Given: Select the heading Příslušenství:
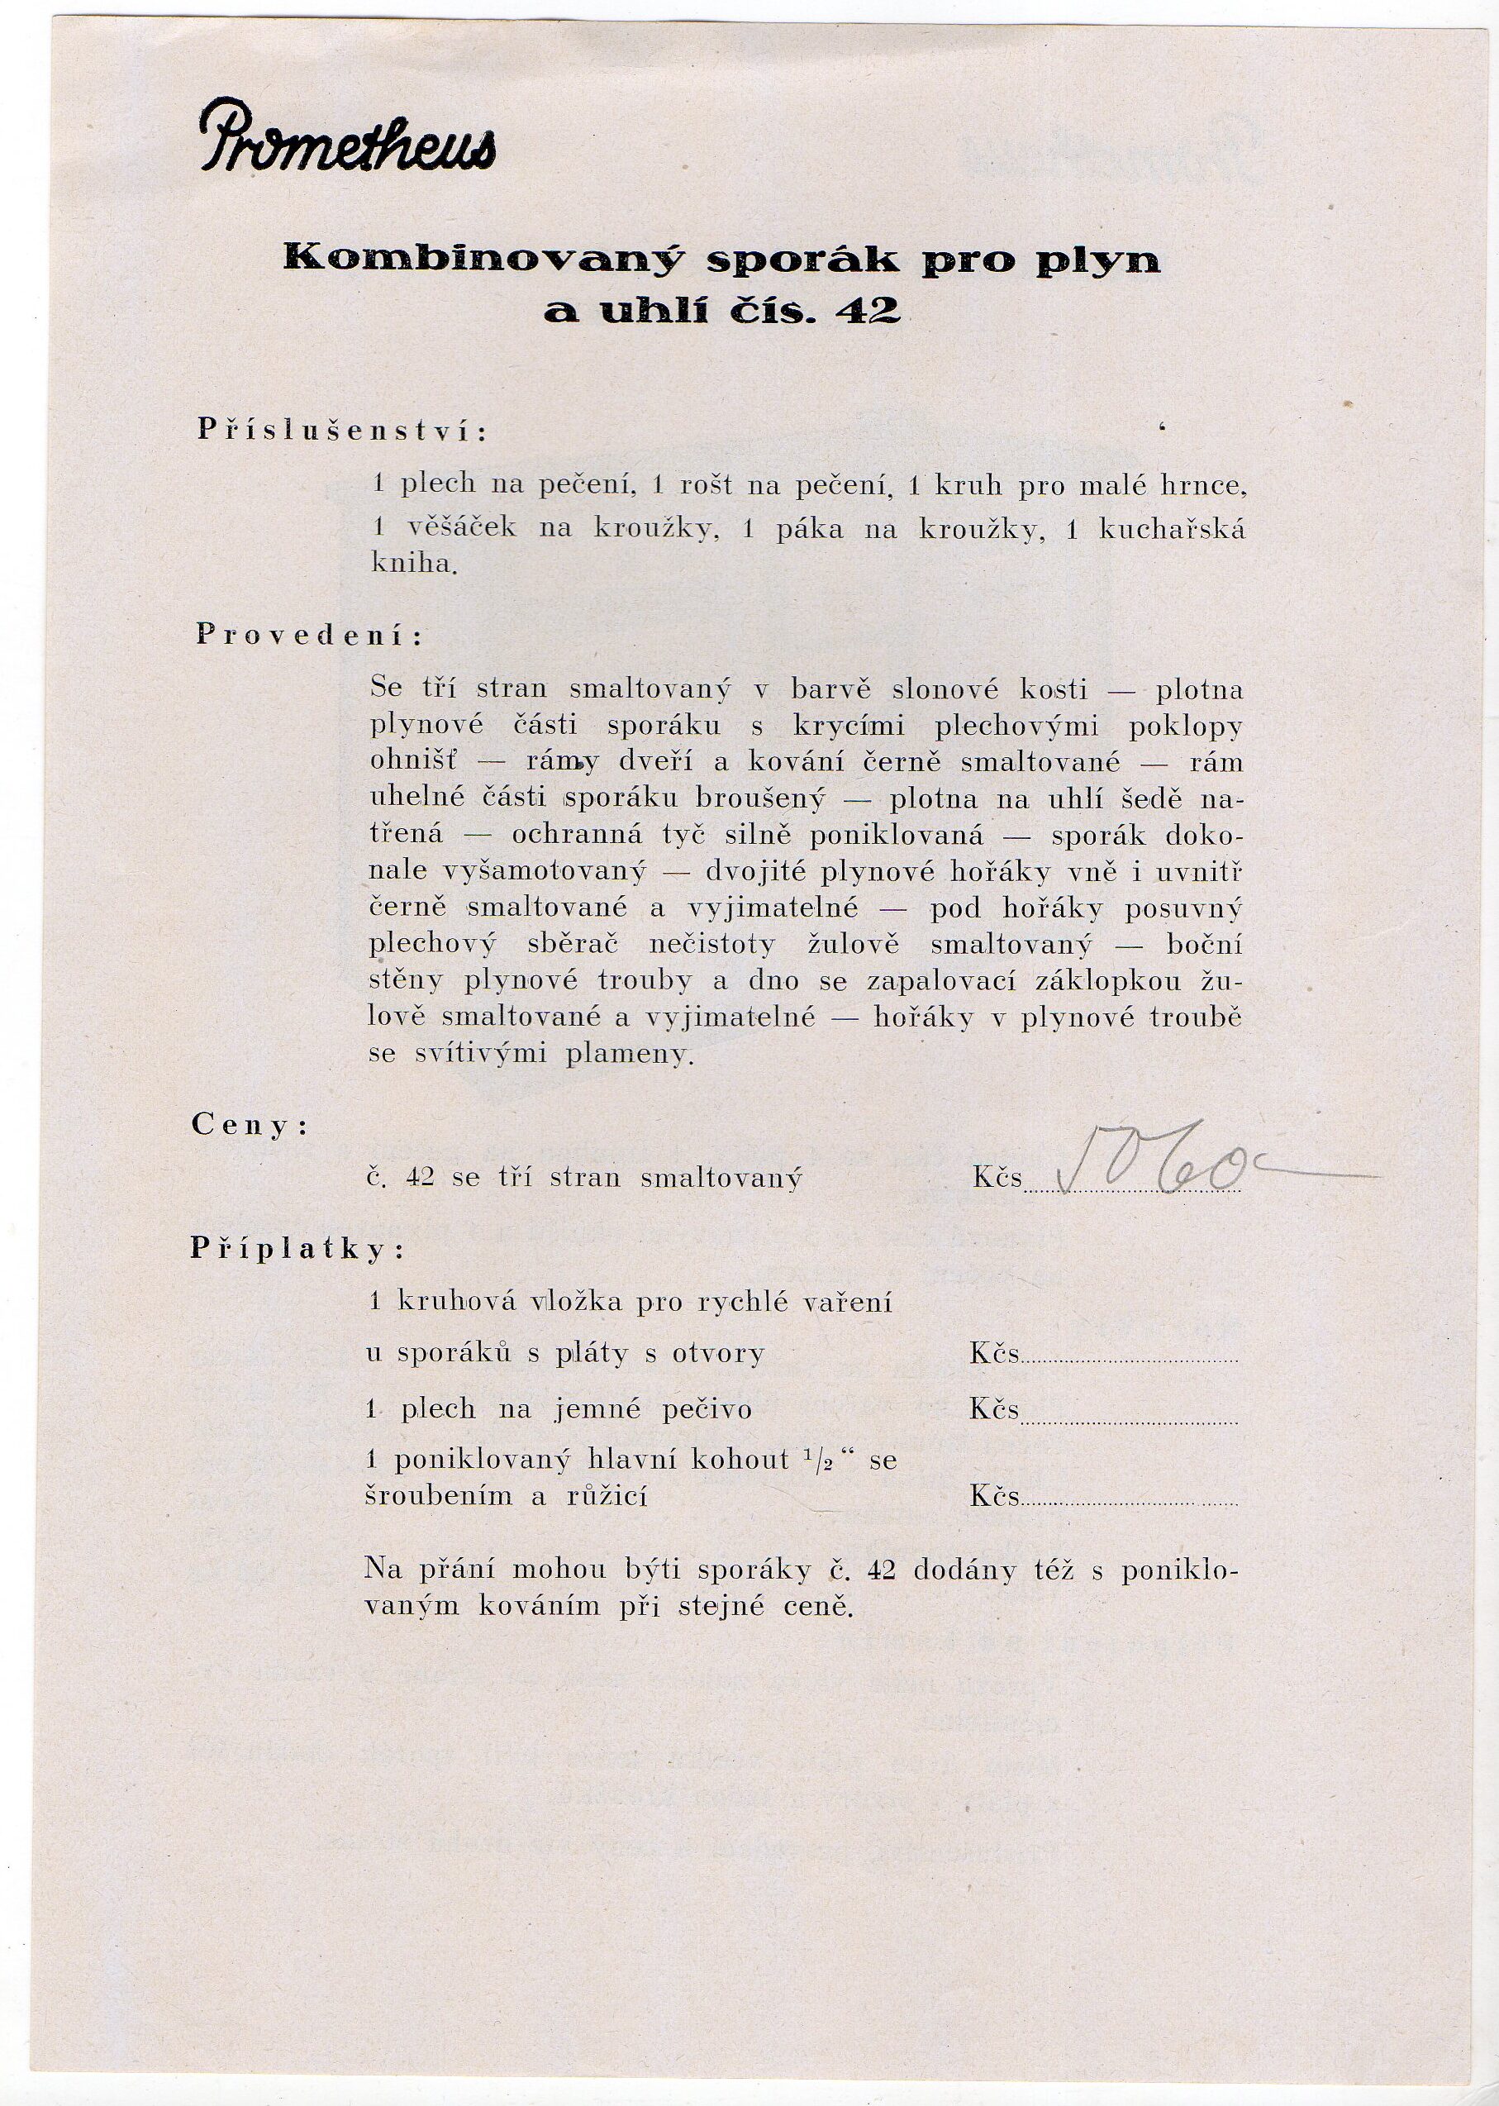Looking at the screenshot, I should point(341,431).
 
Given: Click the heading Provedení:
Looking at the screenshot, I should point(310,636).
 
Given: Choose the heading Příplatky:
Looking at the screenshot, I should point(298,1249).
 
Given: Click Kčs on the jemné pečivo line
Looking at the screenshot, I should point(994,1409).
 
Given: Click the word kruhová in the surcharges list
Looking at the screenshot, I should point(444,1303).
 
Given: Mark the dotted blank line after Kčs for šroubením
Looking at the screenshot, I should point(1129,1498).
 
